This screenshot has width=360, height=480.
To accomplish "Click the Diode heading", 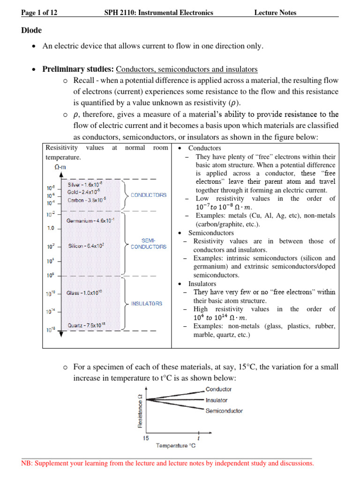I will (31, 30).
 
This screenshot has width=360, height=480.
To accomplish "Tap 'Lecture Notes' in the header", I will (275, 13).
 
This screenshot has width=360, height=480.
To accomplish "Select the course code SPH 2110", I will (120, 13).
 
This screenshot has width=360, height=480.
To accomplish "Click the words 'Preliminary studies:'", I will (78, 69).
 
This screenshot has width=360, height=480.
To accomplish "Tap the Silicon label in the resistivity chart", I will (86, 246).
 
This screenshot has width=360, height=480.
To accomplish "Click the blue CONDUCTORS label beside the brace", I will (148, 195).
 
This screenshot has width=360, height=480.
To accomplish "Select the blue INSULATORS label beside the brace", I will (147, 304).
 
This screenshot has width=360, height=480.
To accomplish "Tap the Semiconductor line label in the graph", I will (224, 411).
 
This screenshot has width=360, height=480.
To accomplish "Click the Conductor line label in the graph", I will (218, 389).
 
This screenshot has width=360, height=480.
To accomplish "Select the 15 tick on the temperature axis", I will (146, 438).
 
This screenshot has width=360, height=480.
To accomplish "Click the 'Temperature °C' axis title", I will (176, 445).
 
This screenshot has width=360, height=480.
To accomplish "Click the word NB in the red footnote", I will (27, 464).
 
